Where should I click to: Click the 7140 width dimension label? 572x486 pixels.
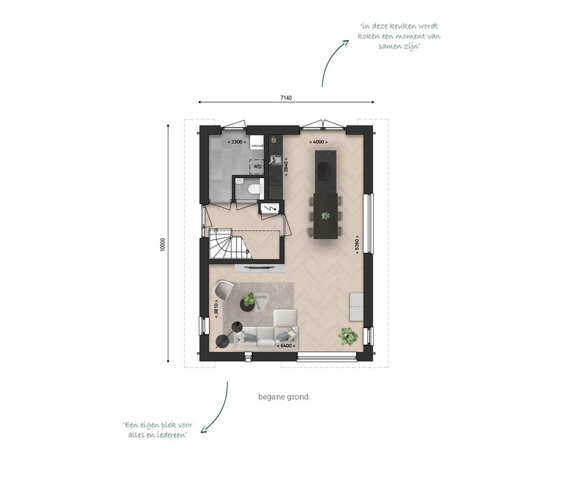pos(286,98)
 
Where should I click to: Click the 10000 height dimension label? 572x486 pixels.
pos(163,244)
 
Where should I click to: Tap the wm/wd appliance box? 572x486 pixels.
pos(257,142)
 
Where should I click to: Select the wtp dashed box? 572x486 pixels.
pos(258,166)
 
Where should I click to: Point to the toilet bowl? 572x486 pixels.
pos(253,189)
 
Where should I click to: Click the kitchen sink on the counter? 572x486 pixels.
pos(275,159)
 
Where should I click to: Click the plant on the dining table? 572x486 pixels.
pos(325,216)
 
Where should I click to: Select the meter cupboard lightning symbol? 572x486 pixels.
pos(270,208)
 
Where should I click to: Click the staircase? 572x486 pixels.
pos(230,244)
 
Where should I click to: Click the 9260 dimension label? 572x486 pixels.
pos(357,245)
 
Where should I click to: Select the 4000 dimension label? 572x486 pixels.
pos(319,142)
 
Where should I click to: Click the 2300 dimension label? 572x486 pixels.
pos(236,142)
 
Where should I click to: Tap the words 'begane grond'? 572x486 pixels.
pos(283,397)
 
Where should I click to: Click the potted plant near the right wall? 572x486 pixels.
pos(347,336)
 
